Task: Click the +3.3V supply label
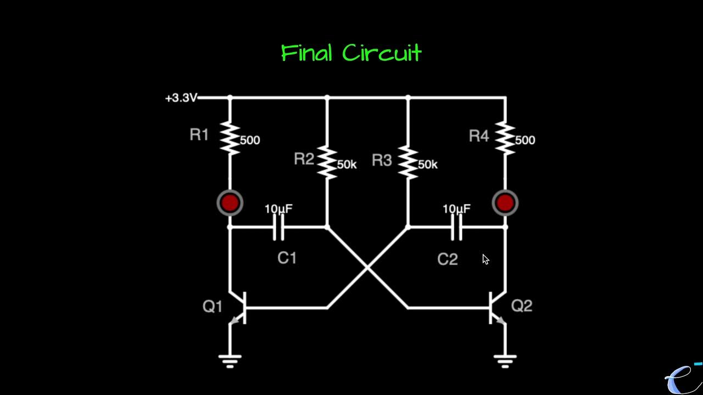[x=181, y=98]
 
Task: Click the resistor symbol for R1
[x=230, y=139]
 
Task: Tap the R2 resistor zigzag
[x=327, y=163]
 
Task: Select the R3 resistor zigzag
[x=408, y=163]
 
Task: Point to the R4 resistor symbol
[x=505, y=139]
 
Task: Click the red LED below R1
[x=230, y=203]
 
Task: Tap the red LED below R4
[x=505, y=203]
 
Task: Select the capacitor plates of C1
[x=279, y=227]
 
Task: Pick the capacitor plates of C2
[x=457, y=227]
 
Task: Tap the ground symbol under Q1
[x=230, y=360]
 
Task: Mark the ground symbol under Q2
[x=505, y=360]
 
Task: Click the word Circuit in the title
[x=382, y=53]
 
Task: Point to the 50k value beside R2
[x=347, y=165]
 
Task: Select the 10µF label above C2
[x=456, y=209]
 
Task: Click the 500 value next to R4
[x=525, y=140]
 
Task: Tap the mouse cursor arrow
[x=486, y=259]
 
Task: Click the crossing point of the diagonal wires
[x=367, y=268]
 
